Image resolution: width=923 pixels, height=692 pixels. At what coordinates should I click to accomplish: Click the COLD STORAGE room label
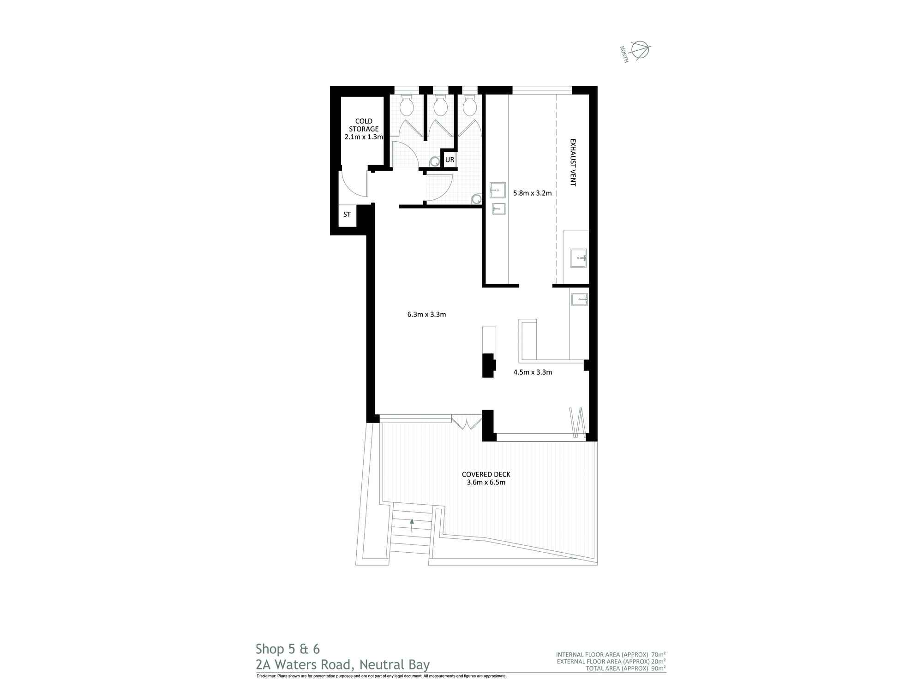[x=364, y=125]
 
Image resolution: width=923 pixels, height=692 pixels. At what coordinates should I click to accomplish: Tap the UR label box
[x=450, y=160]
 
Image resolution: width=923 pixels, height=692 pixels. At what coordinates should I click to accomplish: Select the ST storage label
[x=347, y=215]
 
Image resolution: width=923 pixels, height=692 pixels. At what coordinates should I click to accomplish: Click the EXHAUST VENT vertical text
[x=573, y=162]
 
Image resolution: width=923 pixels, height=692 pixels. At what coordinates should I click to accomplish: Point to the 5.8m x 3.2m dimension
[x=533, y=193]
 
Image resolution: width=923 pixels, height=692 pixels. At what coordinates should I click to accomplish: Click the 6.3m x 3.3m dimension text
[x=426, y=315]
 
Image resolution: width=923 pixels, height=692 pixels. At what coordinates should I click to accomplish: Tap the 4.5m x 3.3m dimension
[x=533, y=372]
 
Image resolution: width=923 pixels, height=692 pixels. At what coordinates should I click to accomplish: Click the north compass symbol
[x=640, y=50]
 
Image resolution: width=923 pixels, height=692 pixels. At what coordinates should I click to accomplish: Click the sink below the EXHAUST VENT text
[x=578, y=258]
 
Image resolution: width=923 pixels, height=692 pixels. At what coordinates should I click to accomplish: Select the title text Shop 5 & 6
[x=288, y=649]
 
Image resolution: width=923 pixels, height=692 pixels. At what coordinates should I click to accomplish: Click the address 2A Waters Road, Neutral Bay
[x=343, y=665]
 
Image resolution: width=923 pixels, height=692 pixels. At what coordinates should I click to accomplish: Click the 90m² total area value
[x=659, y=668]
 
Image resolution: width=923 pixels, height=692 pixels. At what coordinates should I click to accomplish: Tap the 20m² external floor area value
[x=659, y=661]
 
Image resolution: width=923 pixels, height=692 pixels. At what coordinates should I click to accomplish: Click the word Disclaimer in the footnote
[x=266, y=676]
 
